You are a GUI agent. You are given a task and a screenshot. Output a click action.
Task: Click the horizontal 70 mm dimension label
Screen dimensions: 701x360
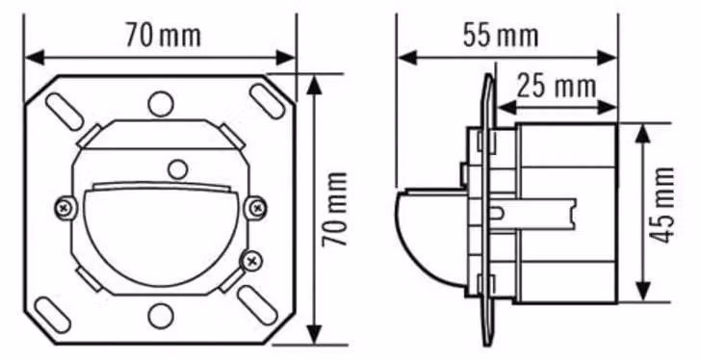(163, 36)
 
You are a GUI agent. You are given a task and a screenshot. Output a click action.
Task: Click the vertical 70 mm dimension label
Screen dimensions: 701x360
(335, 210)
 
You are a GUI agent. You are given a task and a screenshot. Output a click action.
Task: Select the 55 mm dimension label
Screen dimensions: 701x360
(501, 36)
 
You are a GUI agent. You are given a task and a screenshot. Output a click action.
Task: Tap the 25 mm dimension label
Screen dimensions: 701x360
(557, 87)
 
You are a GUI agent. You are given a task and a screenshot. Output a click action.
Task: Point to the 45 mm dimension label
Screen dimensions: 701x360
(662, 205)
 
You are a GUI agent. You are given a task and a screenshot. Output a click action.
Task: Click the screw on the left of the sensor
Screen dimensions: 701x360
(65, 208)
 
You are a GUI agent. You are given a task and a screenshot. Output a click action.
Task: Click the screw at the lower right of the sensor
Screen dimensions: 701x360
(252, 261)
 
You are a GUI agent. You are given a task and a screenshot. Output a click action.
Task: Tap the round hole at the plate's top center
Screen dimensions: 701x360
(161, 104)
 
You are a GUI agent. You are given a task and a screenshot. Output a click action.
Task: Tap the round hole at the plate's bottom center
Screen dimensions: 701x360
(161, 316)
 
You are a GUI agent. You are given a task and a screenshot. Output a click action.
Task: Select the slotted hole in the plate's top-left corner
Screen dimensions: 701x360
(65, 112)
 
